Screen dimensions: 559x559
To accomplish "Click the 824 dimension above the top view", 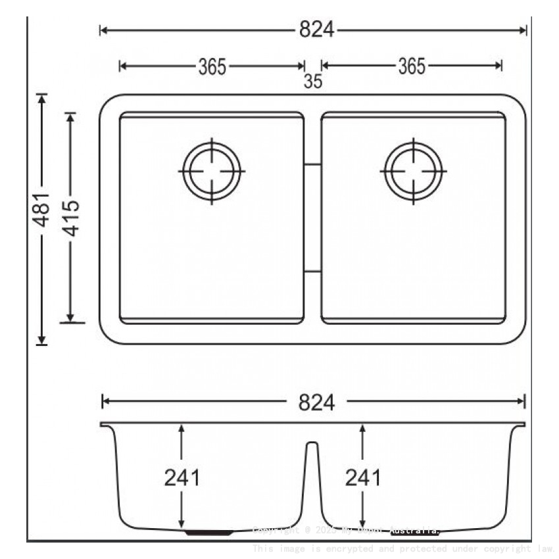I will click(x=317, y=30).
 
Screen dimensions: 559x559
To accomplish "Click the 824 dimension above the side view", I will click(x=316, y=402).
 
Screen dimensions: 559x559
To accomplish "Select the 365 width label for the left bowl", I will click(x=212, y=66).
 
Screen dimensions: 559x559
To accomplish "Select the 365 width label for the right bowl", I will click(x=412, y=66).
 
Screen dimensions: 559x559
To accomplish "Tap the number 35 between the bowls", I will click(x=314, y=82).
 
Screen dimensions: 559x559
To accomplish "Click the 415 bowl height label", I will click(x=71, y=217).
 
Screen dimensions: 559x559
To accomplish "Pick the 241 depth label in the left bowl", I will click(x=182, y=477).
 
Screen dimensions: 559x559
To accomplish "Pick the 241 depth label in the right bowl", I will click(x=363, y=477).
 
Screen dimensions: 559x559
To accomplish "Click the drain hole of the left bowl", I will click(x=212, y=171).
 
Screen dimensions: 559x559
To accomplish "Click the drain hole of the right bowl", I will click(x=414, y=171).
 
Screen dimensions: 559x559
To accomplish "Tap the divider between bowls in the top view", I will click(x=313, y=217).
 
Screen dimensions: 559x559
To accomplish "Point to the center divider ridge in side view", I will click(x=313, y=454).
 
